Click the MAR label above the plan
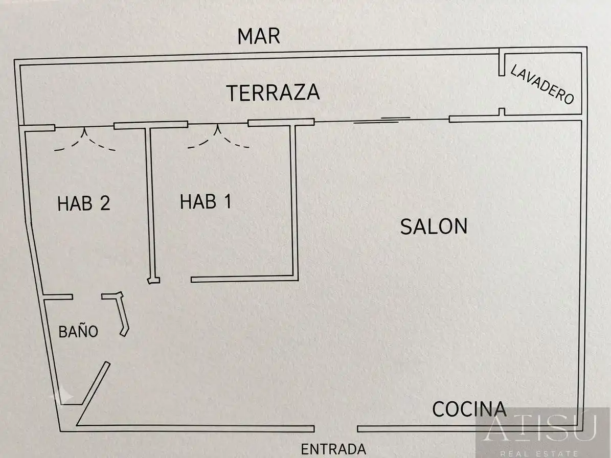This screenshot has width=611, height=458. pyautogui.click(x=259, y=36)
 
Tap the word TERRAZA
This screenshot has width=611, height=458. pyautogui.click(x=273, y=93)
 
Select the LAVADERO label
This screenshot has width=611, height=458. pyautogui.click(x=542, y=84)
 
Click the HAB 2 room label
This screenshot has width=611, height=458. pyautogui.click(x=84, y=203)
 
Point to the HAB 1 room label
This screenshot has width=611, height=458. pyautogui.click(x=206, y=202)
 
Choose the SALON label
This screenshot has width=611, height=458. pyautogui.click(x=434, y=226)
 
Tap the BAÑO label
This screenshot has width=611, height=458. pyautogui.click(x=78, y=331)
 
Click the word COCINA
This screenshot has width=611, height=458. pyautogui.click(x=469, y=409)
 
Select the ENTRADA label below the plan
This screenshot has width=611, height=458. pyautogui.click(x=333, y=449)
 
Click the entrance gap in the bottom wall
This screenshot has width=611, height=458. pyautogui.click(x=336, y=429)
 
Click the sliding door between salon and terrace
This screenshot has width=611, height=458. pyautogui.click(x=382, y=120)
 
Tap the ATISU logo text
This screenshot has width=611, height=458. pyautogui.click(x=540, y=428)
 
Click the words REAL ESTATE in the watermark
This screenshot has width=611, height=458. pyautogui.click(x=539, y=453)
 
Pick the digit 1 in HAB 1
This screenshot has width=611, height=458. pyautogui.click(x=228, y=202)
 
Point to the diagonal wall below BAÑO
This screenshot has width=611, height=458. pyautogui.click(x=93, y=394)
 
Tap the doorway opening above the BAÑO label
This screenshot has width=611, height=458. pyautogui.click(x=87, y=297)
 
